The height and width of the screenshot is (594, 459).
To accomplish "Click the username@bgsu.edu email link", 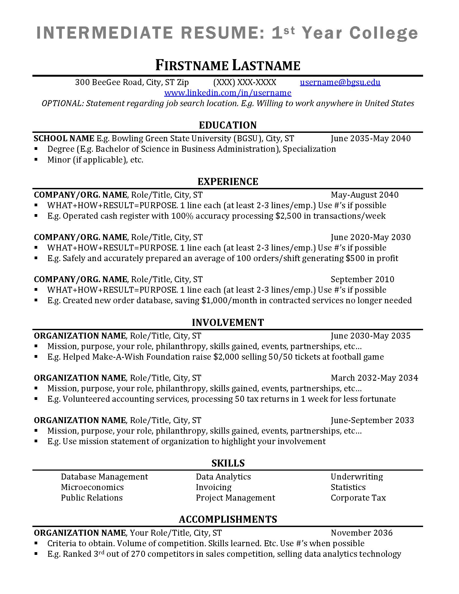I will click(x=340, y=82).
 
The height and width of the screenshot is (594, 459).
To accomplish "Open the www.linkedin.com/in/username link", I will click(x=228, y=93).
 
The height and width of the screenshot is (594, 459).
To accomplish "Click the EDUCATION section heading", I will click(x=228, y=125).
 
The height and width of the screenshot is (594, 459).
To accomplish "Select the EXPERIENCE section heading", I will click(x=228, y=181).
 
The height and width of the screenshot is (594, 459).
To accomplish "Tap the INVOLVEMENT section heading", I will click(x=228, y=322).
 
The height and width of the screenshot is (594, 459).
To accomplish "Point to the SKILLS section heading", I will click(x=228, y=463).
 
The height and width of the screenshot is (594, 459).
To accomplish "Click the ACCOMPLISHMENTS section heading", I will click(x=228, y=519).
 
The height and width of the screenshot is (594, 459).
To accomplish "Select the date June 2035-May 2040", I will click(x=371, y=139).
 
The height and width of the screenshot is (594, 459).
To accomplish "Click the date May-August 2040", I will click(x=364, y=195).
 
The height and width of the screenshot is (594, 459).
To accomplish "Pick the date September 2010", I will click(x=362, y=279).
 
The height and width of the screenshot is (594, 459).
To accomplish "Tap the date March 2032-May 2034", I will click(x=374, y=378).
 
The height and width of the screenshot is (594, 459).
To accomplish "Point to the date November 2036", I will click(x=362, y=532).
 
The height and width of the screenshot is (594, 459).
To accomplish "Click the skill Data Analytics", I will click(x=223, y=477).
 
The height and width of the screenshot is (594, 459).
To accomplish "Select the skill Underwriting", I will click(x=356, y=477).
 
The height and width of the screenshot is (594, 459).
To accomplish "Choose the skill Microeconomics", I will click(x=92, y=487).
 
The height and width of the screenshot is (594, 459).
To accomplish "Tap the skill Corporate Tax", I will click(x=358, y=498).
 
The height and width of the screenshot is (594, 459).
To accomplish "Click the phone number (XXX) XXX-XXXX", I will click(x=244, y=82).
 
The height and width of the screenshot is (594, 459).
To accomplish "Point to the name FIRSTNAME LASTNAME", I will click(x=228, y=66).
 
